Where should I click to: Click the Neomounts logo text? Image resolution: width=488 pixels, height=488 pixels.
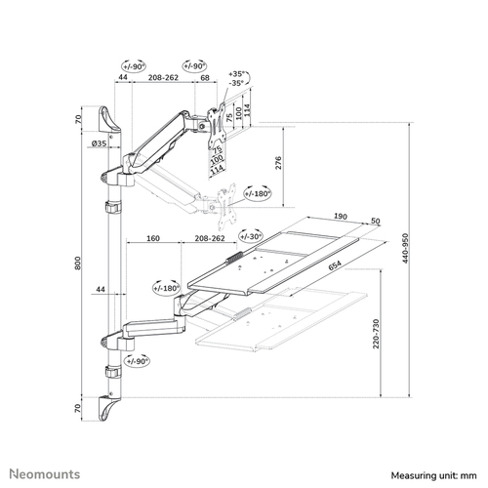coord(45,474)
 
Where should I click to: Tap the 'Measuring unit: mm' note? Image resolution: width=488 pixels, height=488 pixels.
coord(433,475)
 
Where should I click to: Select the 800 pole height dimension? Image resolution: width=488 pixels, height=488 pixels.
coord(77,263)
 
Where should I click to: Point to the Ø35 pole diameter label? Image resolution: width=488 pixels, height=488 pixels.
coord(99,143)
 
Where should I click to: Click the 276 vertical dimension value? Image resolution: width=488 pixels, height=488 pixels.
coord(278,163)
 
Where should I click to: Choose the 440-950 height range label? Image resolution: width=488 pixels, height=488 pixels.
coord(405,248)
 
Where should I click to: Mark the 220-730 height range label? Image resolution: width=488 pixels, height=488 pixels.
coord(376,334)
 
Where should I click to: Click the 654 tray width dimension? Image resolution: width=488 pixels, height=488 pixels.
coord(335,265)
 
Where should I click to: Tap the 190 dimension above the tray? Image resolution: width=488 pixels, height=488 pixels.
coord(341,217)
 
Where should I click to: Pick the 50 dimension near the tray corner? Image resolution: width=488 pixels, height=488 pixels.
coord(376,222)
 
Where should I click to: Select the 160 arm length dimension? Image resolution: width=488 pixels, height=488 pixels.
coord(153,238)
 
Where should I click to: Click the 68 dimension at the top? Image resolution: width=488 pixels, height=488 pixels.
coord(205,78)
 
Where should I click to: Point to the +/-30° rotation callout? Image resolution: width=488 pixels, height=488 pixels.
coord(251,236)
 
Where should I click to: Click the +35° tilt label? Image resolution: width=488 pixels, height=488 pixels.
coord(236,74)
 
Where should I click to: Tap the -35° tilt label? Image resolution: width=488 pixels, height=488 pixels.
coord(236,83)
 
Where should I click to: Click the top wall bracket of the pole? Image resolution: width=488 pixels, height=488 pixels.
coord(109,119)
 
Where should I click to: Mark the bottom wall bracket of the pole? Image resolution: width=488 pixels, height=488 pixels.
coord(109,408)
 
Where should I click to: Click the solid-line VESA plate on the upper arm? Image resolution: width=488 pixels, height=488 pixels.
coord(216,126)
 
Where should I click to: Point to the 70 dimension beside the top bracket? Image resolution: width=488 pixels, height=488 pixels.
coord(77,119)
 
